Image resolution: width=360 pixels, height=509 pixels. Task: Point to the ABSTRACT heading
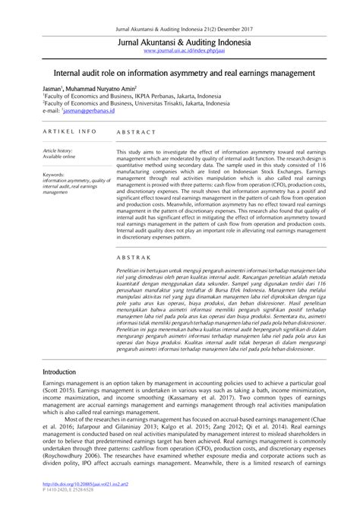tap(135, 131)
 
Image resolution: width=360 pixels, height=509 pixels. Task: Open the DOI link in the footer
tap(73, 492)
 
